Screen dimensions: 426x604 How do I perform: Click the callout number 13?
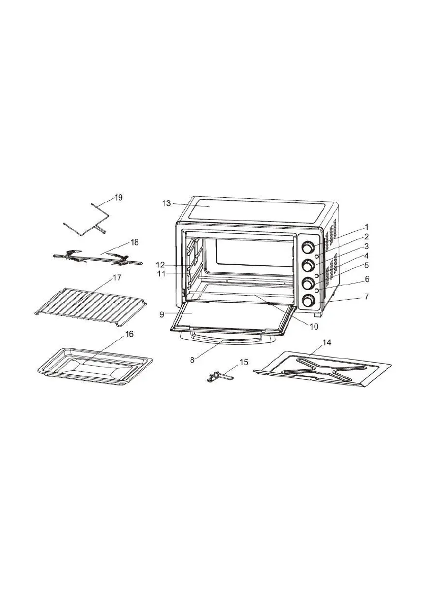click(166, 203)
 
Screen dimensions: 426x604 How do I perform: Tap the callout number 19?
click(118, 198)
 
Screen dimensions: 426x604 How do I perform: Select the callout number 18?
click(135, 242)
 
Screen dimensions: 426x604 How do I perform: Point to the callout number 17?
click(116, 277)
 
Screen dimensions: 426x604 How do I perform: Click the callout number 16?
click(129, 334)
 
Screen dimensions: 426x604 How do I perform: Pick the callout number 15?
click(244, 362)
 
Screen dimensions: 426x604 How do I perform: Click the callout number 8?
click(192, 360)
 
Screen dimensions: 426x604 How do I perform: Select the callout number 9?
click(162, 314)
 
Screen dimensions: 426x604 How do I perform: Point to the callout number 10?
click(314, 326)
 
